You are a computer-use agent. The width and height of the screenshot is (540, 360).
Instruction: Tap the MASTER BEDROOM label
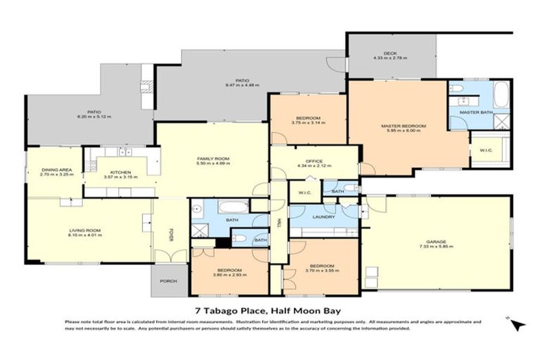[x=404, y=126]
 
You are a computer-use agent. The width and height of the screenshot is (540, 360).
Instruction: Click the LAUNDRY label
[x=324, y=217]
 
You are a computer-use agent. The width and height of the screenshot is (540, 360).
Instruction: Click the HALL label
[x=278, y=224]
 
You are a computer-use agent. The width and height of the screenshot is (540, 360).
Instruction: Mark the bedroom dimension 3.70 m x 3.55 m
[x=323, y=271]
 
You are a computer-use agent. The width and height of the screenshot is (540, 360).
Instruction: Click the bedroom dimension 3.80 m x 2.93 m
[x=230, y=274]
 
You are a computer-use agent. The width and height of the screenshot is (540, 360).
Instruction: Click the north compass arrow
[x=517, y=324]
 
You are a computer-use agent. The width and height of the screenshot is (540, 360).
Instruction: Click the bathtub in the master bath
[x=500, y=95]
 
